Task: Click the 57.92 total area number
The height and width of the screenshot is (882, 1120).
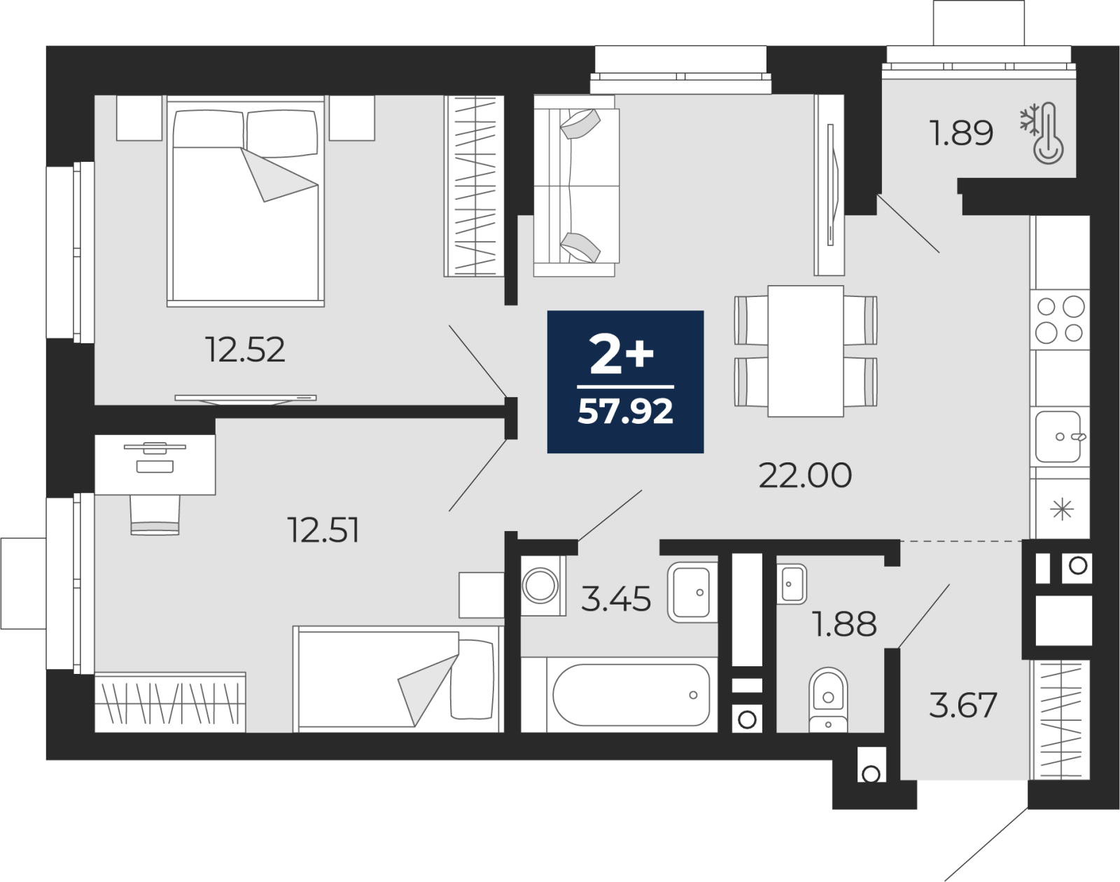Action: coord(625,411)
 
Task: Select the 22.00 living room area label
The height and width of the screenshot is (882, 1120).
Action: coord(804,475)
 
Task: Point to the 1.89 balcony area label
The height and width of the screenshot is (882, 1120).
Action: coord(961,133)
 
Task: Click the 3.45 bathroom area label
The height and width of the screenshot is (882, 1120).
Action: coord(616,598)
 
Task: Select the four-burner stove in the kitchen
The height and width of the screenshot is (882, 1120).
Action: coord(1060,320)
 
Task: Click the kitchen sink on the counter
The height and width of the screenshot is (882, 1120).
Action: coord(1058,436)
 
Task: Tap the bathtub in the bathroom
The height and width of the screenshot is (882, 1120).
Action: coord(631,695)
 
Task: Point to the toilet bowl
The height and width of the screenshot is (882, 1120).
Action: coord(828,700)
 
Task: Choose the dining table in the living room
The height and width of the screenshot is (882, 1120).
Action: coord(805,350)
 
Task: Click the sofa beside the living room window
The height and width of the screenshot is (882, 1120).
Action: coord(576,185)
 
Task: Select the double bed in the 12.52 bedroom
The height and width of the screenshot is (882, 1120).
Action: coord(246,200)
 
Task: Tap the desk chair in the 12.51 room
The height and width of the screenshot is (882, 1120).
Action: coord(155,514)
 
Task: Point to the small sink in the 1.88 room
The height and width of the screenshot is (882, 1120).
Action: coord(792,584)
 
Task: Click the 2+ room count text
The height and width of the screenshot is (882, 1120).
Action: coord(622,354)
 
